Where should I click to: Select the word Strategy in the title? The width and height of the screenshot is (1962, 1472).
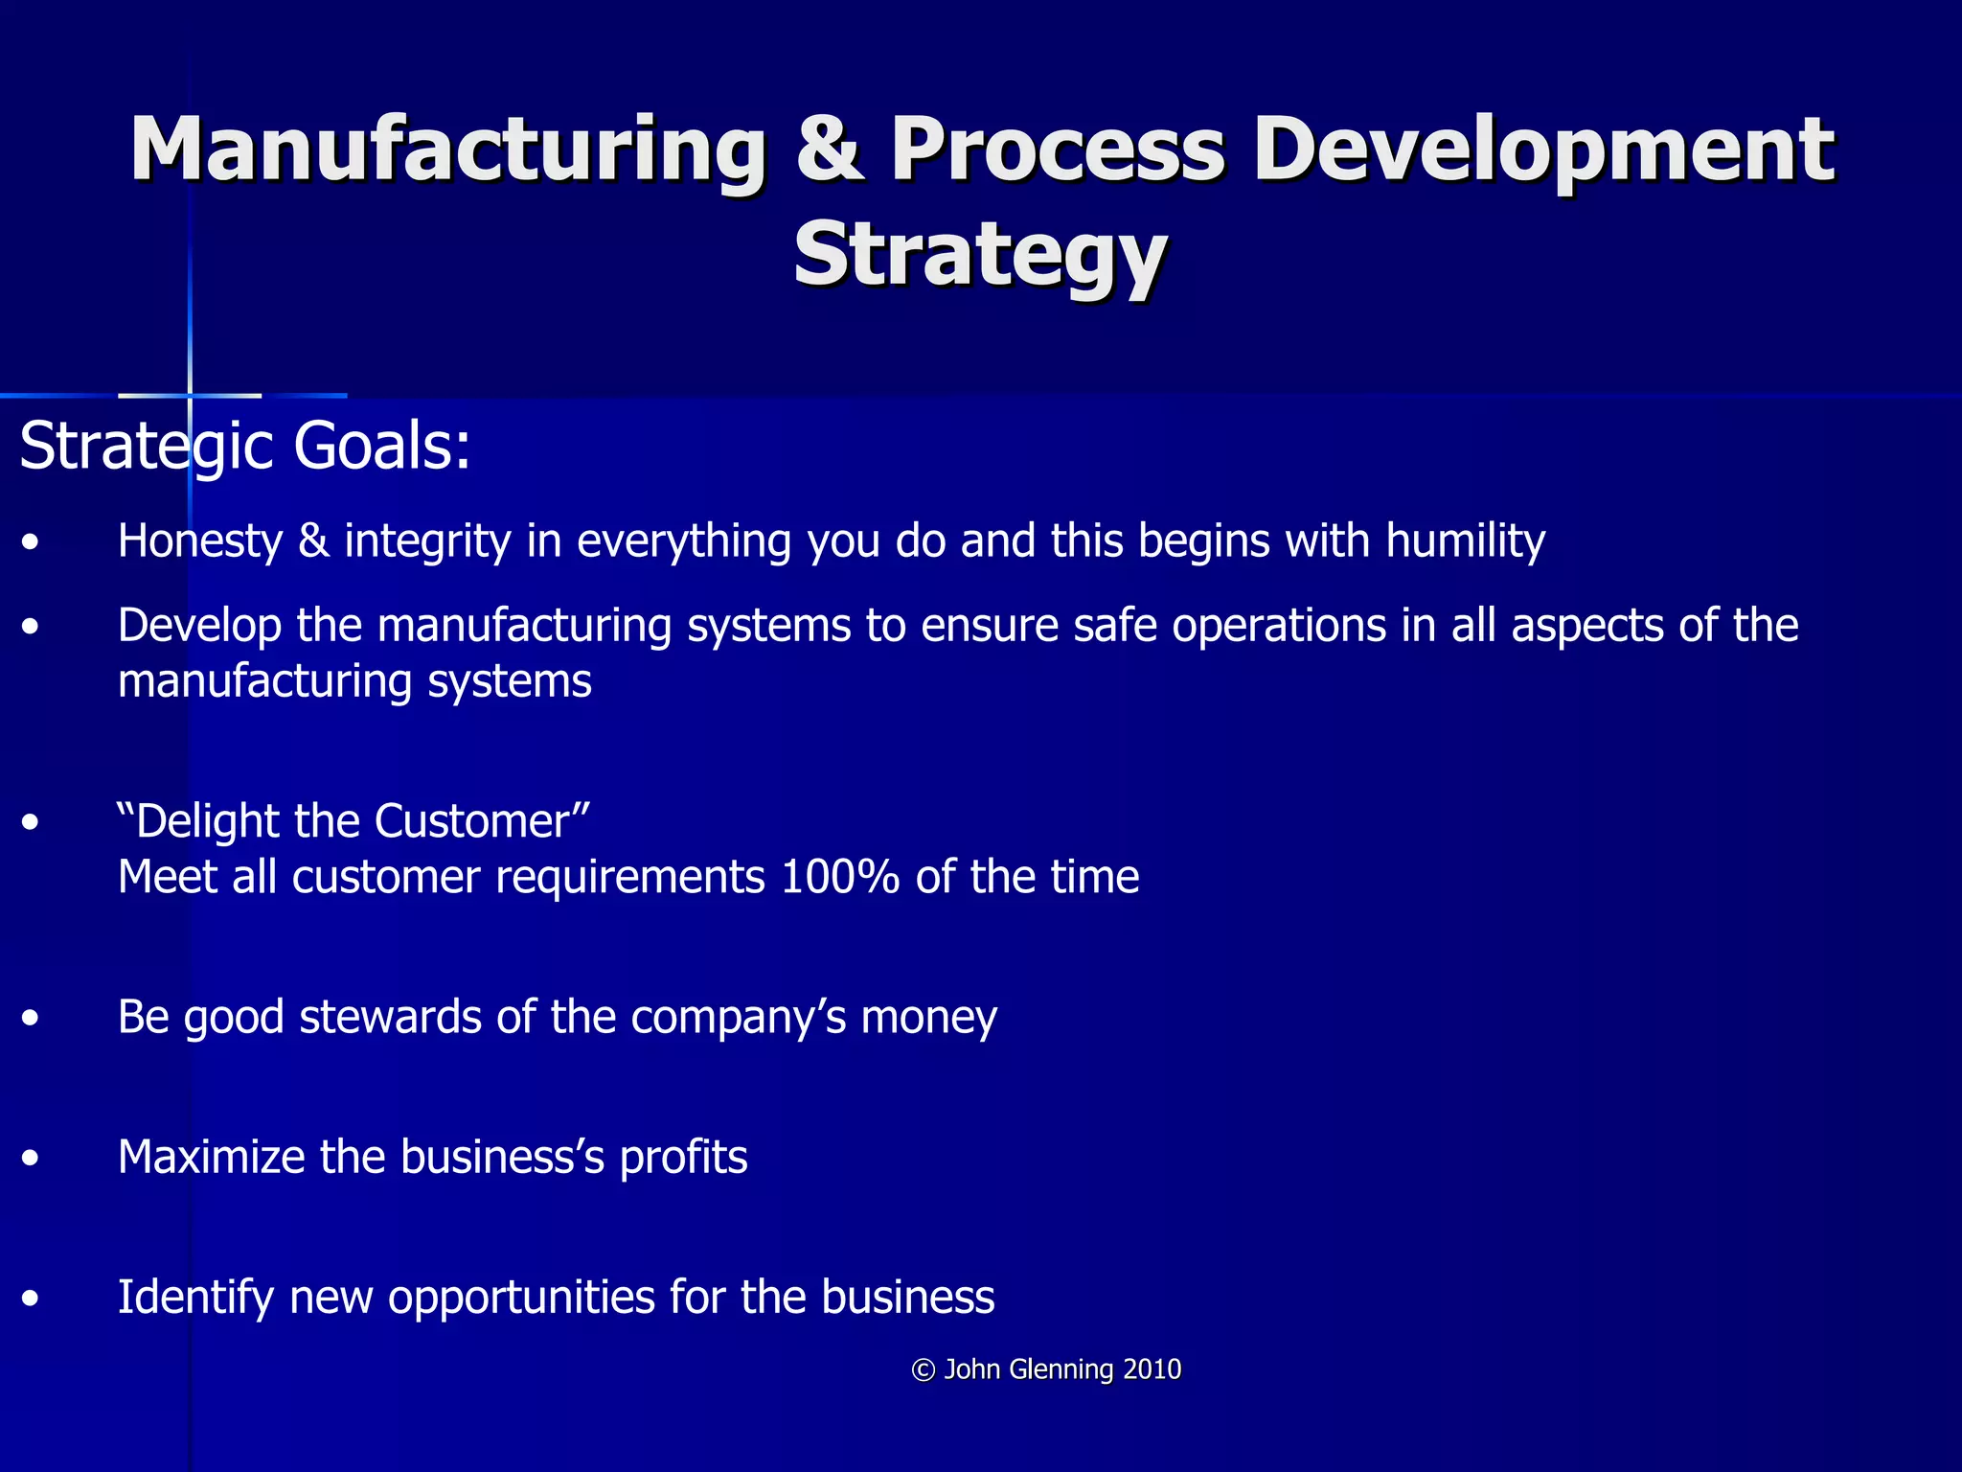pos(980,254)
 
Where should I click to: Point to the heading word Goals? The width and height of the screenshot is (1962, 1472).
pos(382,447)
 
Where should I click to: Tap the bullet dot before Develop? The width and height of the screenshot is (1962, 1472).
pos(32,627)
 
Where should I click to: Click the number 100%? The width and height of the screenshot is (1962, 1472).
pos(839,877)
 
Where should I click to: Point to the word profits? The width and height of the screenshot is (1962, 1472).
pos(683,1158)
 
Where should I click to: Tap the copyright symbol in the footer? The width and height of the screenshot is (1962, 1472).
pos(923,1370)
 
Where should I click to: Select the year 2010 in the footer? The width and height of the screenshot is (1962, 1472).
pos(1152,1369)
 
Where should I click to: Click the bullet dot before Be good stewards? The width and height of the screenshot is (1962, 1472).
pos(32,1018)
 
